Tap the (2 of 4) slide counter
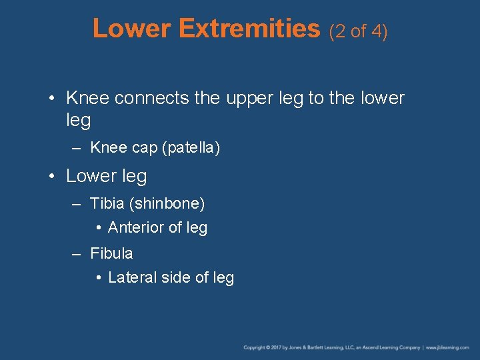pyautogui.click(x=358, y=31)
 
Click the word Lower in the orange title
pyautogui.click(x=133, y=29)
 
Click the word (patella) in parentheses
pyautogui.click(x=191, y=148)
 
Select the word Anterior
pyautogui.click(x=136, y=227)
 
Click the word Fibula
pyautogui.click(x=111, y=253)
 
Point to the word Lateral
pyautogui.click(x=133, y=277)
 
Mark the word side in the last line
pyautogui.click(x=177, y=277)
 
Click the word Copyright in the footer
pyautogui.click(x=254, y=348)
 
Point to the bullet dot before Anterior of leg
pyautogui.click(x=98, y=228)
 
